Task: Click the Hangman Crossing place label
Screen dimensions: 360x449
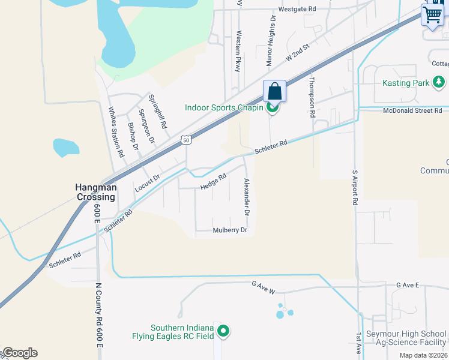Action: (x=95, y=192)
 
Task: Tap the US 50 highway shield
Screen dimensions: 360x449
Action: (x=187, y=140)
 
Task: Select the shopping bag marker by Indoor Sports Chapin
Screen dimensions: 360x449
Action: (x=274, y=92)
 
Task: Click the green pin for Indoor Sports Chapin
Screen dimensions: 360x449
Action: (x=272, y=108)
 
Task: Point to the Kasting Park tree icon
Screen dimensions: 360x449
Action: (x=439, y=82)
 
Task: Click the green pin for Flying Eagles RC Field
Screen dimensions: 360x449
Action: (x=223, y=331)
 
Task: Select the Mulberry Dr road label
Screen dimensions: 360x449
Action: (x=230, y=230)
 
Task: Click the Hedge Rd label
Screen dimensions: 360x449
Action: (x=213, y=181)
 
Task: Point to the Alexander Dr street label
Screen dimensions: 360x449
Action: (x=246, y=197)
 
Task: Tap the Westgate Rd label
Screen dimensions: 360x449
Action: (x=297, y=10)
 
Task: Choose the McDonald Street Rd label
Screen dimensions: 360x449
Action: (x=412, y=110)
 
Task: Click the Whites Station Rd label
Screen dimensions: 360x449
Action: (x=116, y=132)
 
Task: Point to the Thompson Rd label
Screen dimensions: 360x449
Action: (x=312, y=96)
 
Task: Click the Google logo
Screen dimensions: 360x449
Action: (x=20, y=353)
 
